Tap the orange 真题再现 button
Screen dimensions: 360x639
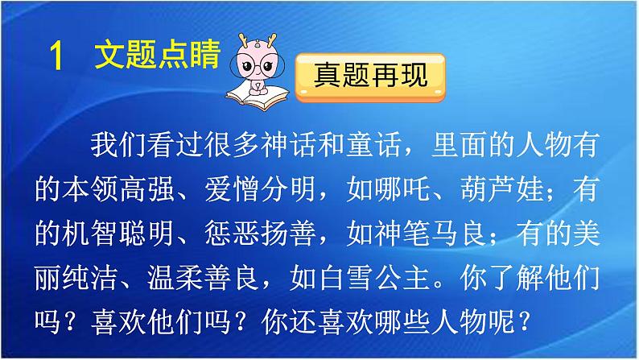369,78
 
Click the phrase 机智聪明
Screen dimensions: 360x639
122,237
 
